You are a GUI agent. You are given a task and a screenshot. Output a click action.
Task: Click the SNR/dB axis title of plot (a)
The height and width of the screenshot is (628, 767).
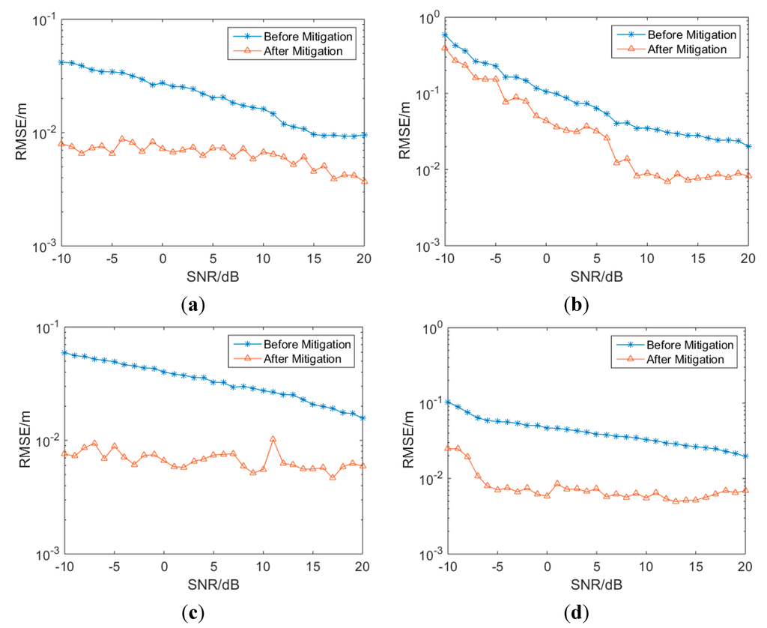tap(213, 274)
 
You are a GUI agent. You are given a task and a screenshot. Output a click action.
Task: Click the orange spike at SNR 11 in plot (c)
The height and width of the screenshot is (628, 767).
tap(273, 439)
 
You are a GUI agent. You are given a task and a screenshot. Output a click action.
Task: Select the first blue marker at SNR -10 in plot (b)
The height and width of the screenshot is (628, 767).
tap(445, 35)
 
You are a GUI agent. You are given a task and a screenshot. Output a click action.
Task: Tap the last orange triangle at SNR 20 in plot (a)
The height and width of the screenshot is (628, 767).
tap(365, 181)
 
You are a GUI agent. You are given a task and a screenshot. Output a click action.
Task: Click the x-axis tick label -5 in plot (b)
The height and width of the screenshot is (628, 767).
tap(494, 259)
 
